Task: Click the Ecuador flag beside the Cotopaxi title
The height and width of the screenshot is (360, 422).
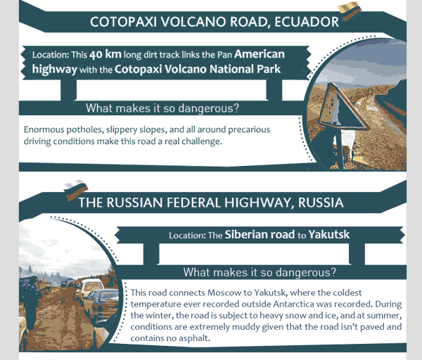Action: click(x=350, y=11)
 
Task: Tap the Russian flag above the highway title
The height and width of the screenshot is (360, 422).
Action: click(x=76, y=190)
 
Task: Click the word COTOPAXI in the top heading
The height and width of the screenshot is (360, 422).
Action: click(x=123, y=22)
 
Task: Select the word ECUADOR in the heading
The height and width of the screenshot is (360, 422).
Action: click(x=307, y=22)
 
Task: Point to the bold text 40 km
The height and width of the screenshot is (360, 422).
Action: click(x=105, y=54)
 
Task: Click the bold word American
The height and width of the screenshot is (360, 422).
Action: click(x=260, y=54)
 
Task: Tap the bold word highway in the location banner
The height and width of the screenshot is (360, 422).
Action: click(x=55, y=70)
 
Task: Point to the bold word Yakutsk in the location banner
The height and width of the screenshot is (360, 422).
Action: click(x=329, y=235)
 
